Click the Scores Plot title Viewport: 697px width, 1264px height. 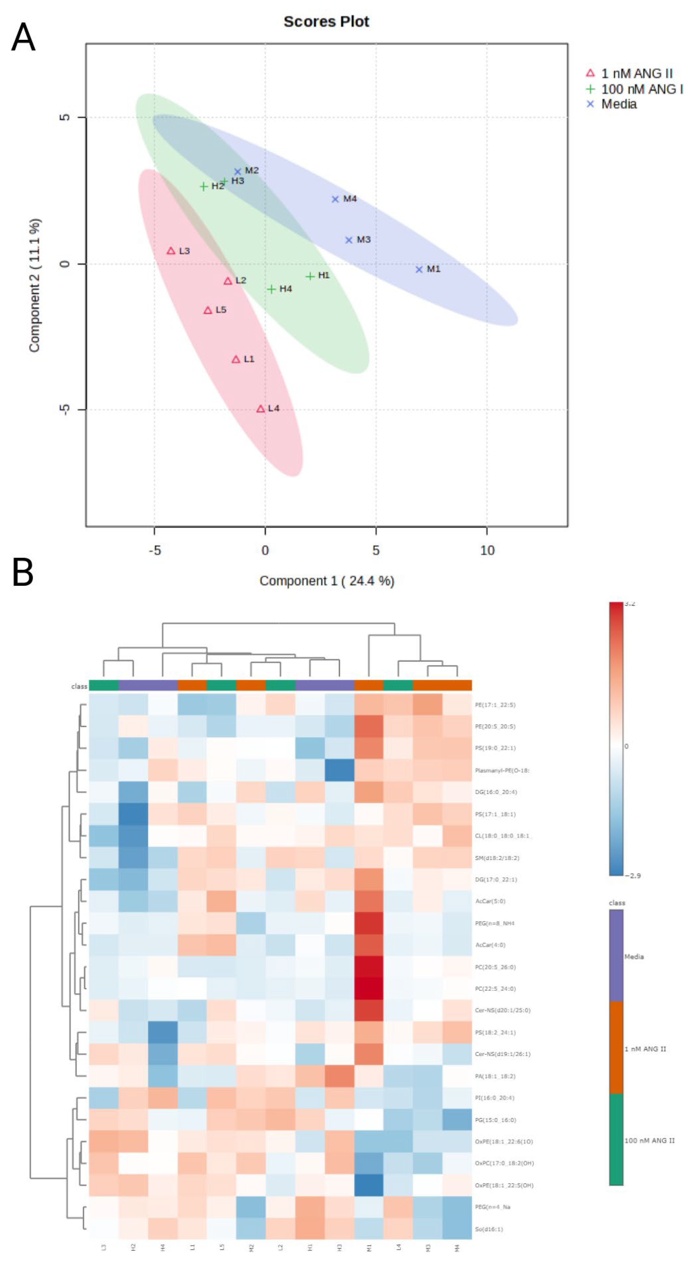pyautogui.click(x=326, y=22)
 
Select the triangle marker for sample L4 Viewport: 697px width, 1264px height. pyautogui.click(x=261, y=409)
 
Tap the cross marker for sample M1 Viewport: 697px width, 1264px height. pyautogui.click(x=419, y=269)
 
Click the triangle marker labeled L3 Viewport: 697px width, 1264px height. pyautogui.click(x=171, y=251)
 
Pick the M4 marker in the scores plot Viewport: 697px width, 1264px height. pyautogui.click(x=335, y=199)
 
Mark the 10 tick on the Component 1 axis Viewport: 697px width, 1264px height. pyautogui.click(x=487, y=550)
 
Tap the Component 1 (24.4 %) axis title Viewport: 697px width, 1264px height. pyautogui.click(x=327, y=581)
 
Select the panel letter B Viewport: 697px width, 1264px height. pyautogui.click(x=23, y=572)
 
